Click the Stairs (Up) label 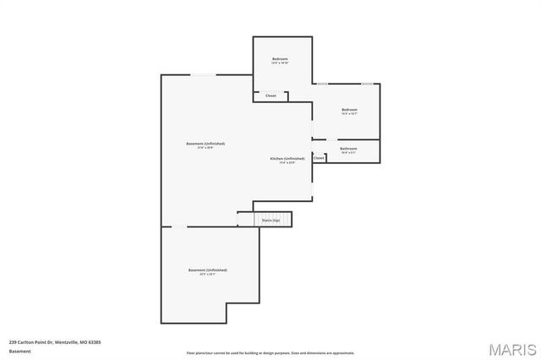[270, 220]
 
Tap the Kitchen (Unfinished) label [287, 158]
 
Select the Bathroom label [348, 148]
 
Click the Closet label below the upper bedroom [270, 95]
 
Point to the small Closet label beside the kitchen [319, 158]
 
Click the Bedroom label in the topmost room [280, 58]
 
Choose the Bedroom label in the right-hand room [349, 109]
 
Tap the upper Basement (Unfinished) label [205, 144]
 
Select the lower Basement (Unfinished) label [208, 270]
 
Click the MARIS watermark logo [511, 348]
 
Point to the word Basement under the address [19, 351]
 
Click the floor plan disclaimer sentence [270, 352]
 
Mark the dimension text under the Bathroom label [348, 152]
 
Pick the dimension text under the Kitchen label [287, 162]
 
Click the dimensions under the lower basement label [208, 274]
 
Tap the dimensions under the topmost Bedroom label [280, 63]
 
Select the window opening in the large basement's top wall [202, 75]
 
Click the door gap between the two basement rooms [180, 226]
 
